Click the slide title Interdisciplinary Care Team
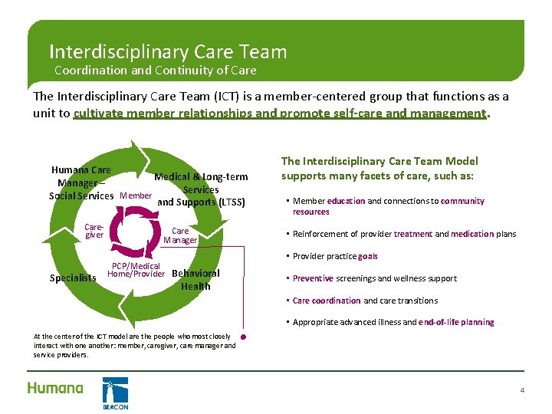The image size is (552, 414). [x=168, y=52]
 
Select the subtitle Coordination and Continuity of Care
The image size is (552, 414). [x=156, y=71]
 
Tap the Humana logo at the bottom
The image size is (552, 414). [x=55, y=388]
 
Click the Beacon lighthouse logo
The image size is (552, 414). [x=115, y=393]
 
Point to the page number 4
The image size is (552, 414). [x=522, y=391]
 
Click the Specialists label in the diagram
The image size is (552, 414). [x=74, y=278]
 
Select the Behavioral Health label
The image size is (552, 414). [x=195, y=280]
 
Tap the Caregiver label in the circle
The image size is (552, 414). [x=94, y=231]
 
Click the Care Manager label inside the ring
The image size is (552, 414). [x=180, y=235]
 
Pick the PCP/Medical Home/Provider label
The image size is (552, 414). [x=136, y=270]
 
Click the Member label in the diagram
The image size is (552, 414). [x=136, y=196]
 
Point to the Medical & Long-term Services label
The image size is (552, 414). [x=201, y=183]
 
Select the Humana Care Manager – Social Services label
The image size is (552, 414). [x=81, y=182]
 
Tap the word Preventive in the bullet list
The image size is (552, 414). [x=313, y=278]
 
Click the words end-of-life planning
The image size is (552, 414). [x=456, y=322]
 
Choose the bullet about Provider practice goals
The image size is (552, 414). [x=335, y=256]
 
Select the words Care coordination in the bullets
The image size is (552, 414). [x=327, y=301]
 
